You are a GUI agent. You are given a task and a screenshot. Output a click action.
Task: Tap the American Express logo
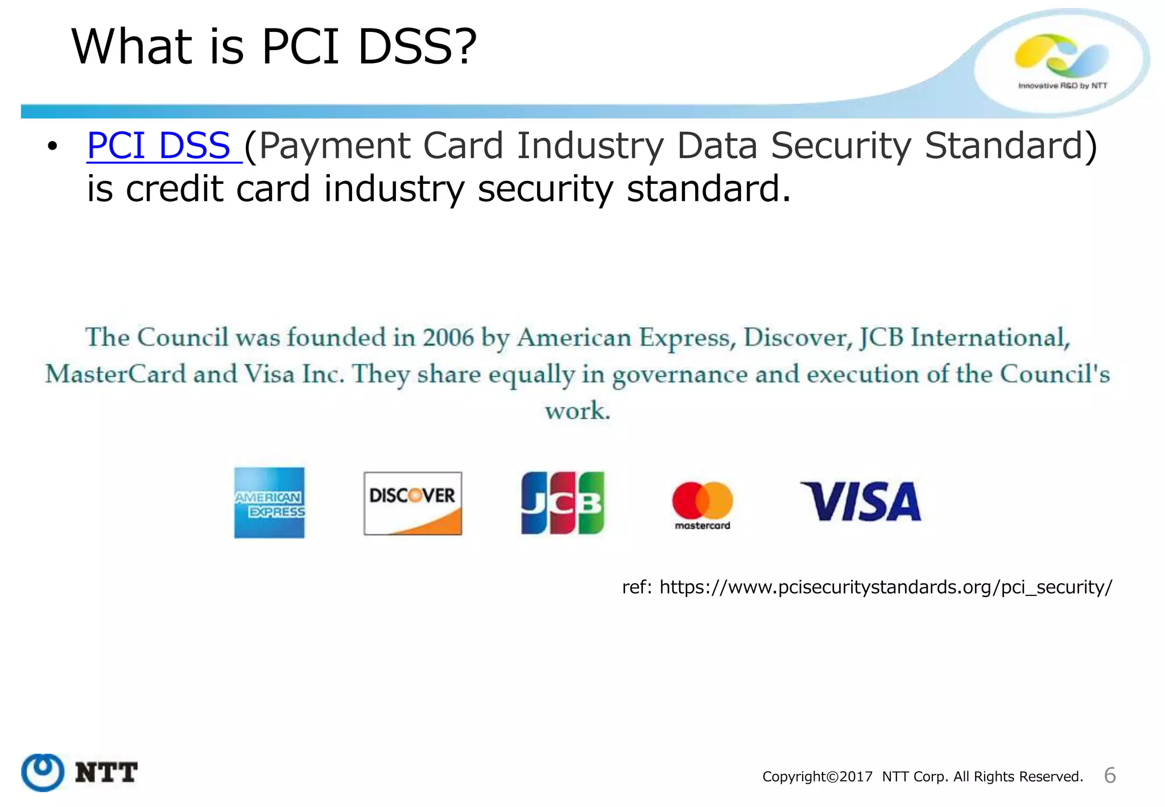pyautogui.click(x=270, y=503)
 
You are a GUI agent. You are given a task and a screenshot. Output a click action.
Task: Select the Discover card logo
pyautogui.click(x=412, y=503)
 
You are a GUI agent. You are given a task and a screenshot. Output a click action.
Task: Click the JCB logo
pyautogui.click(x=563, y=503)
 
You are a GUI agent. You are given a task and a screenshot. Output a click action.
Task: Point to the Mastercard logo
pyautogui.click(x=703, y=505)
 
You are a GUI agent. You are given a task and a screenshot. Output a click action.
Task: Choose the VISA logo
pyautogui.click(x=861, y=501)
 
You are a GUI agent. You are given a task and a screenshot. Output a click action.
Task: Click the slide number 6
pyautogui.click(x=1109, y=775)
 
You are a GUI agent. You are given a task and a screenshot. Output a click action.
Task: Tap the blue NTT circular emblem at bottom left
pyautogui.click(x=42, y=772)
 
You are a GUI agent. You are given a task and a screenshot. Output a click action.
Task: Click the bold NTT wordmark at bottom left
pyautogui.click(x=106, y=773)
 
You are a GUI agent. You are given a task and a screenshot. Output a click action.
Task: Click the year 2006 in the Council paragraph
pyautogui.click(x=448, y=337)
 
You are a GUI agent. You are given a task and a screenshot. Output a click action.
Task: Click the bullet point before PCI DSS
pyautogui.click(x=52, y=147)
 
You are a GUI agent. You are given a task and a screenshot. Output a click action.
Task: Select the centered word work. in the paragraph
pyautogui.click(x=577, y=410)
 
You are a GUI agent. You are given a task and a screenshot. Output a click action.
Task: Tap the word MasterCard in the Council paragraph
pyautogui.click(x=116, y=374)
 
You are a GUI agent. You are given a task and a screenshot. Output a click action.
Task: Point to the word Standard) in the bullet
pyautogui.click(x=1010, y=146)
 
